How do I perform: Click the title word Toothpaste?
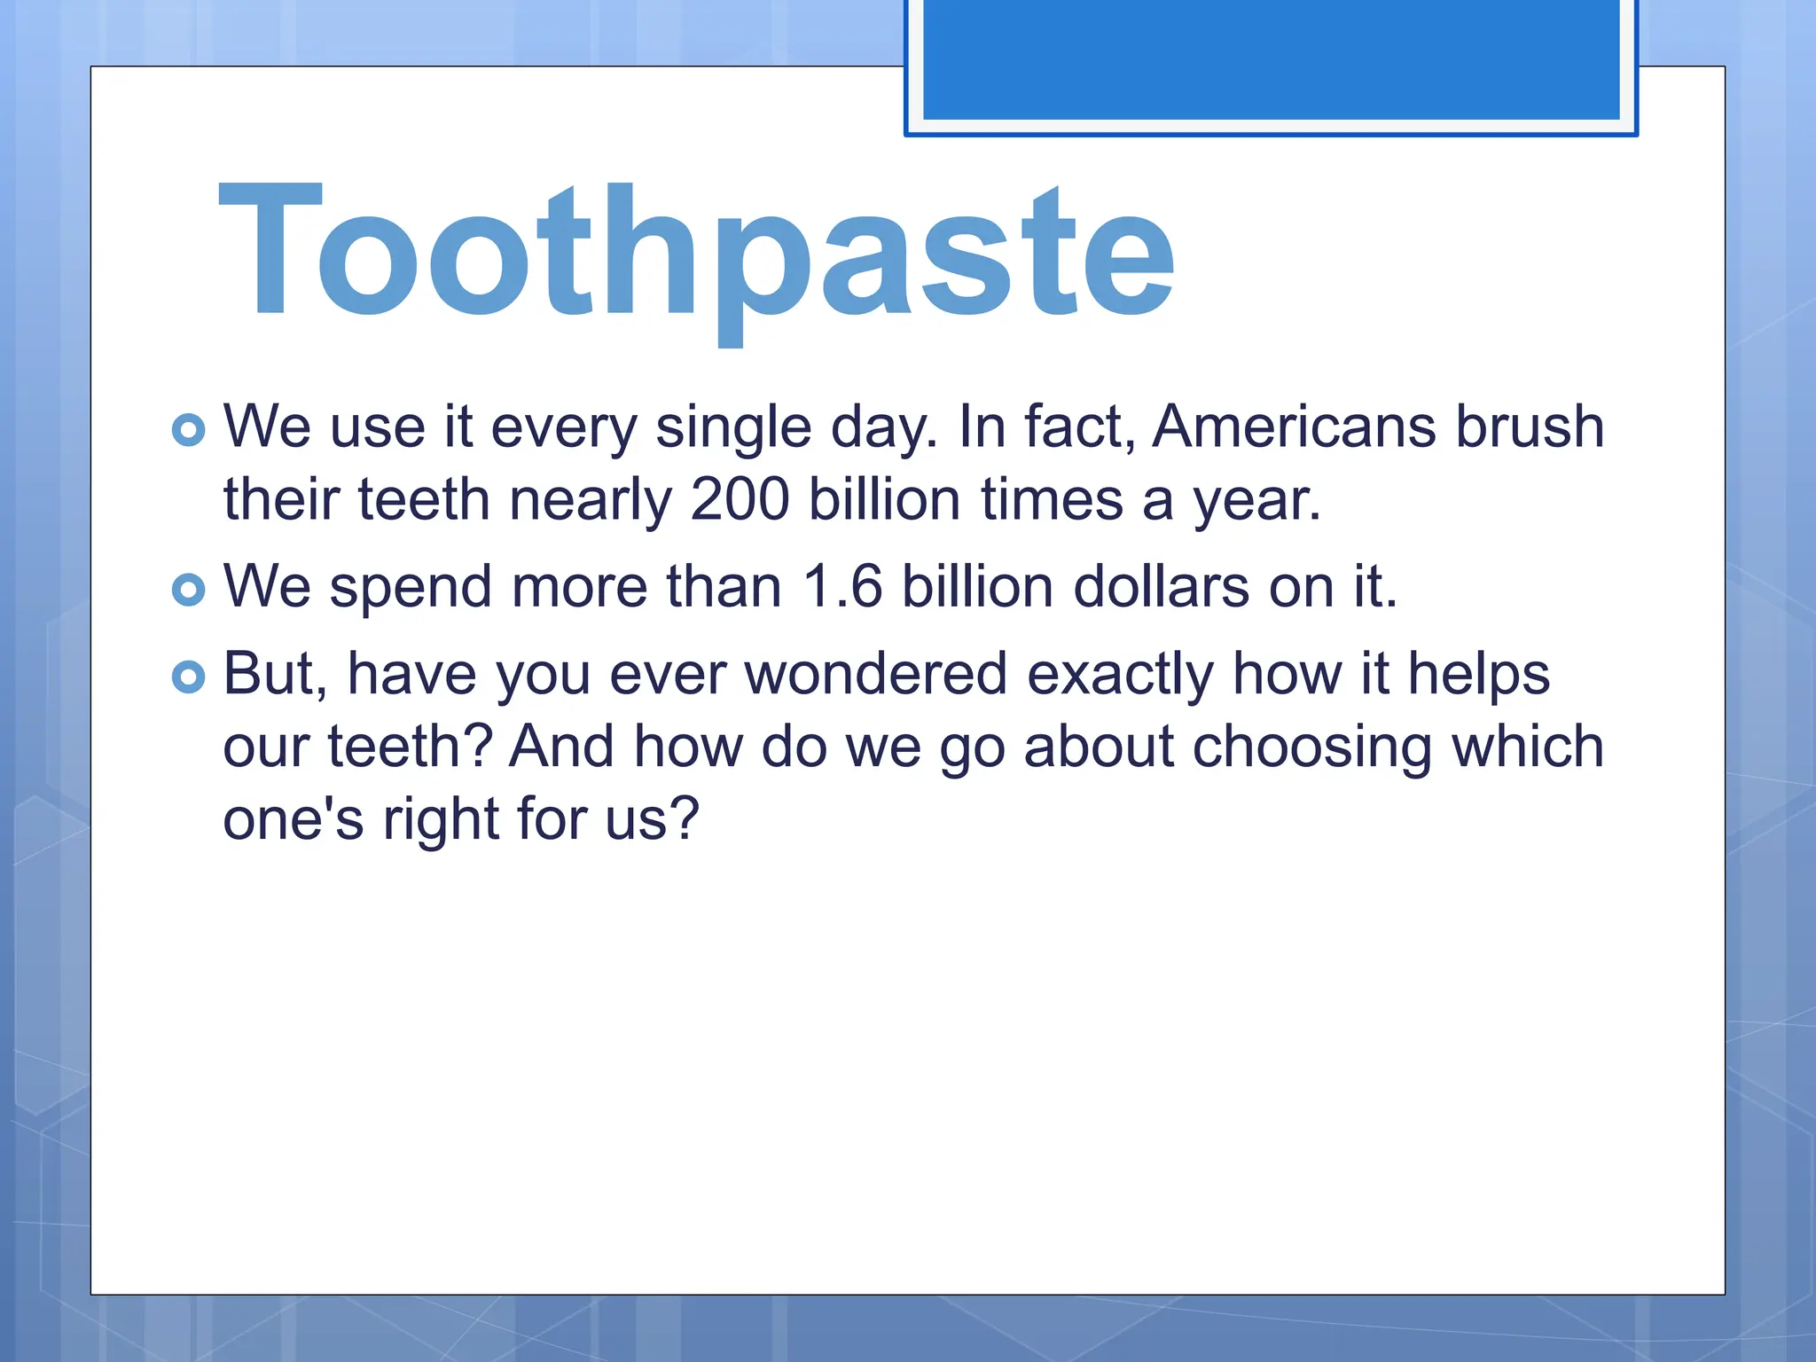pyautogui.click(x=697, y=253)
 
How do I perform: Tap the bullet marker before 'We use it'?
pyautogui.click(x=188, y=430)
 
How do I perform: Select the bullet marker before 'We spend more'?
pyautogui.click(x=188, y=590)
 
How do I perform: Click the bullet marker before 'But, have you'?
pyautogui.click(x=188, y=677)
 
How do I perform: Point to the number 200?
pyautogui.click(x=740, y=499)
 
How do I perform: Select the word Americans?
pyautogui.click(x=1294, y=427)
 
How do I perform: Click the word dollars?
pyautogui.click(x=1161, y=587)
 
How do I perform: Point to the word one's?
pyautogui.click(x=293, y=819)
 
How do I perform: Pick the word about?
pyautogui.click(x=1099, y=747)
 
